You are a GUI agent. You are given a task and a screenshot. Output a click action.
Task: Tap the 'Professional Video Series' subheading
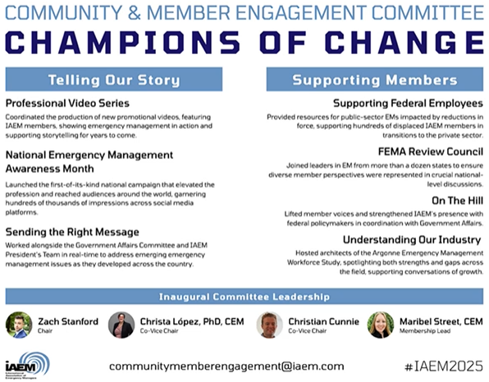click(66, 104)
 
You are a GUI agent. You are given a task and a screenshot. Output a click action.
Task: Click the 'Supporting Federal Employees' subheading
click(407, 103)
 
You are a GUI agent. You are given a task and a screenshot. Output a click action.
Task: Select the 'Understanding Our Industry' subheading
click(411, 239)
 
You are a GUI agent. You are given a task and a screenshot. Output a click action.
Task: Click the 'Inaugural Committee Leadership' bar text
click(244, 295)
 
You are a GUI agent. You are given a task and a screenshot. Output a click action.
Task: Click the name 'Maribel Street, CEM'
click(441, 320)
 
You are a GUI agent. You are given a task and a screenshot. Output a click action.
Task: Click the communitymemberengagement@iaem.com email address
click(226, 366)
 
